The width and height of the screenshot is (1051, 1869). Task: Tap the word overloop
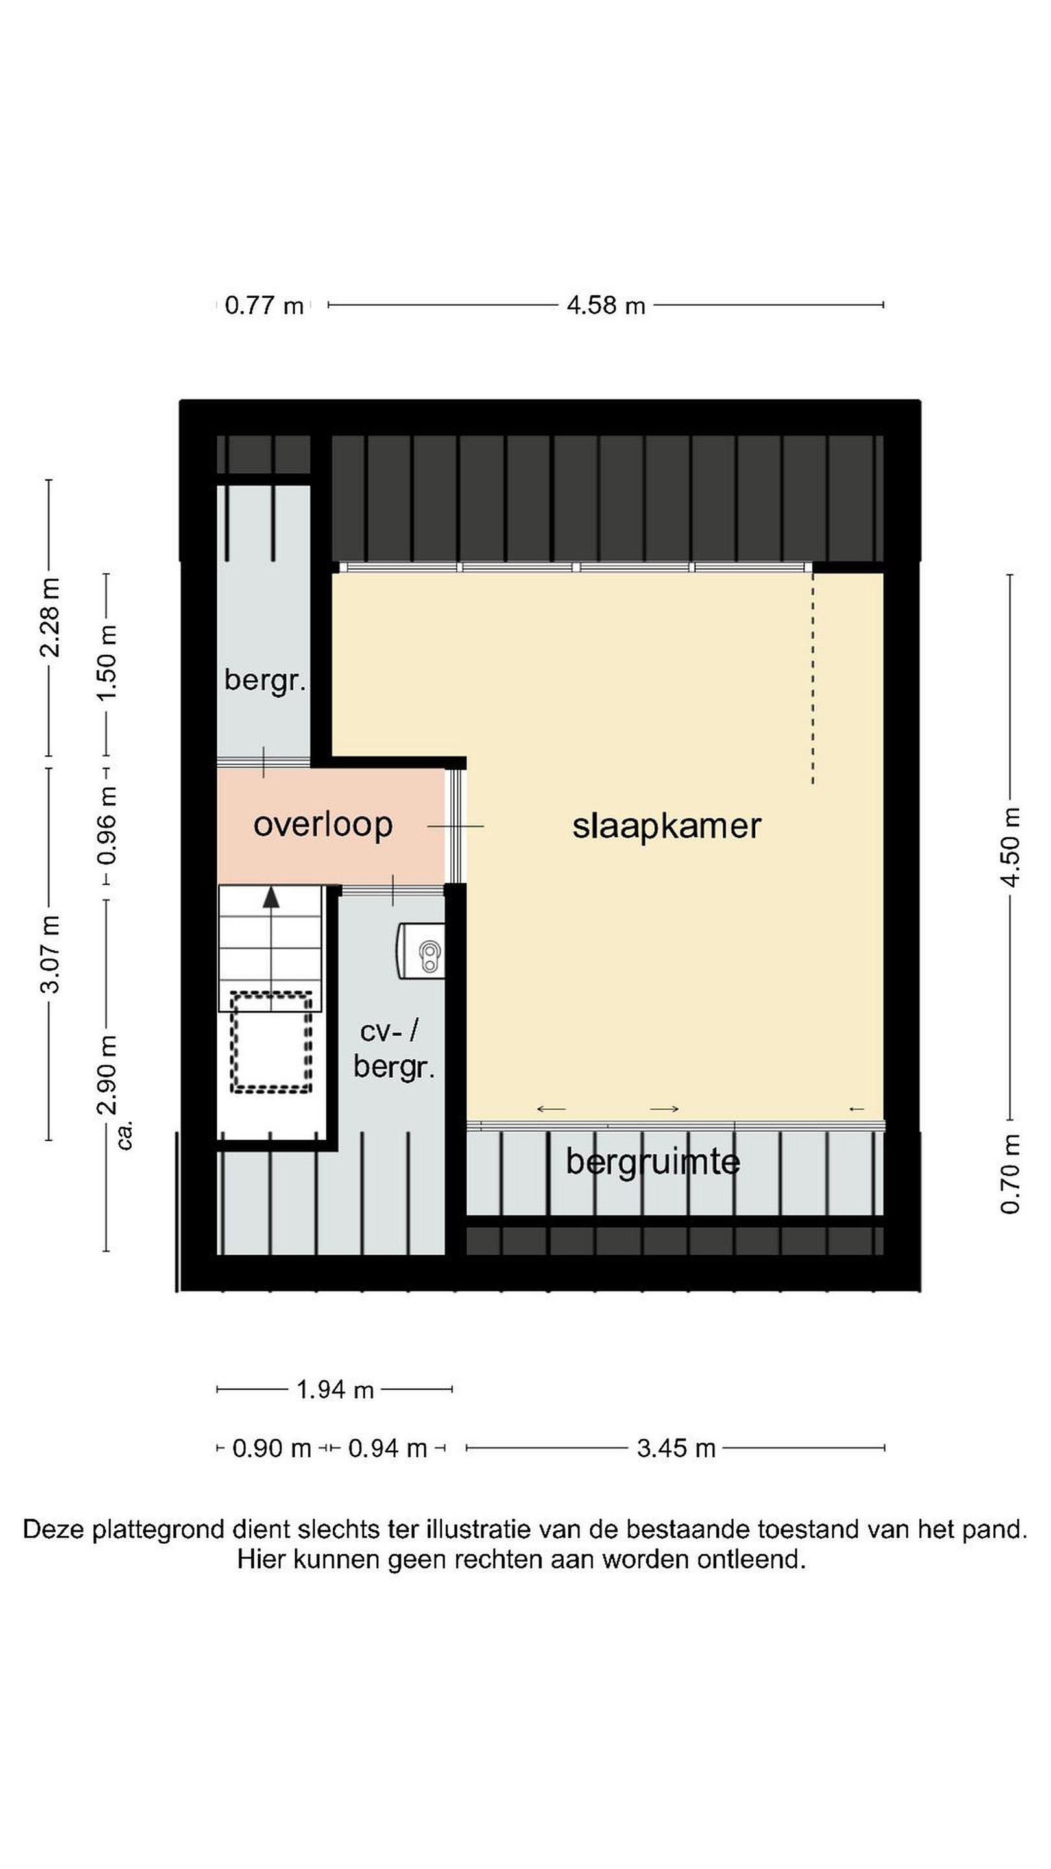[x=323, y=825]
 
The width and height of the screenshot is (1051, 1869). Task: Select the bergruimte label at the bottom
[x=653, y=1162]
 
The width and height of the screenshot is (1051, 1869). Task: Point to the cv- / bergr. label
[x=394, y=1050]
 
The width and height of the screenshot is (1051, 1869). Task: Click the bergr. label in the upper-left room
[x=265, y=681]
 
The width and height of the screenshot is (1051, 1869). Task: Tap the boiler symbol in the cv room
[x=420, y=951]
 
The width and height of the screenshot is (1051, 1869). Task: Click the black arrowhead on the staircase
[x=271, y=897]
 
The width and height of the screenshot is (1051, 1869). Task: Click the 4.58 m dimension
[x=606, y=306]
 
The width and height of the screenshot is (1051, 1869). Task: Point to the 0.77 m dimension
[x=264, y=306]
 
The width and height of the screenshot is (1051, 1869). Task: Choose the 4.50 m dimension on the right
[x=1009, y=847]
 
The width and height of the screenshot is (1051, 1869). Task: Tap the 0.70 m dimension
[x=1009, y=1173]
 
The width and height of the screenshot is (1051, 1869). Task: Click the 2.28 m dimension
[x=49, y=617]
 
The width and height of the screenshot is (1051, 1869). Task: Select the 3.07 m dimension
[x=49, y=954]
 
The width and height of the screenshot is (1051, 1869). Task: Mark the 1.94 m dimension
[x=335, y=1389]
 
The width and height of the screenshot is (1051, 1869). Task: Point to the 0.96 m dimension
[x=106, y=825]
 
